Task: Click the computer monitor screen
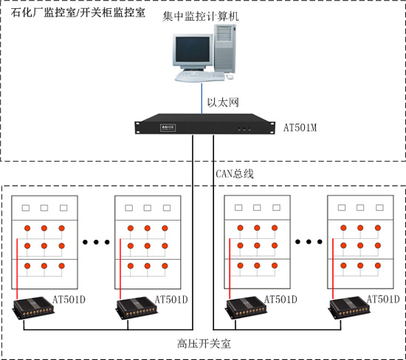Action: pos(193,49)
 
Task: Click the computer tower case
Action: pos(225,49)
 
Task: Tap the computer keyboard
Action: pos(199,76)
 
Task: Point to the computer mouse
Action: pos(230,77)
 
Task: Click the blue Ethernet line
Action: pos(202,98)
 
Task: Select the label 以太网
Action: pos(223,103)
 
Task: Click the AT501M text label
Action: pos(300,128)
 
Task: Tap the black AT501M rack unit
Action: pos(204,124)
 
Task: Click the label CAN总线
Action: pos(235,173)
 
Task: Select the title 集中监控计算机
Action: pos(201,16)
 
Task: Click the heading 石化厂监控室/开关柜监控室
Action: pos(78,12)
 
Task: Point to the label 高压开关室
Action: pos(204,344)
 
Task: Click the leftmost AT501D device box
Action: pos(34,308)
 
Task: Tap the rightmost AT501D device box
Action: pos(350,308)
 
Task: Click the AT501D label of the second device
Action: pos(171,300)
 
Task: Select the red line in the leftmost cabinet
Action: pos(17,269)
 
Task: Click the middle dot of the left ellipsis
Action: pos(96,242)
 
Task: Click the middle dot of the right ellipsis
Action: pos(309,242)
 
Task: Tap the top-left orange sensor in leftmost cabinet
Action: pos(27,228)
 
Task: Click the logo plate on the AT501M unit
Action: pos(168,128)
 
